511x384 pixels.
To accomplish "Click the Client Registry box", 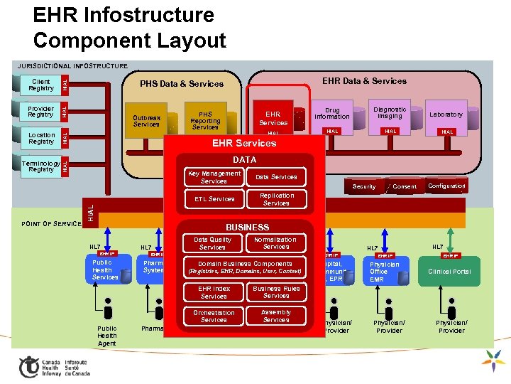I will coord(41,85).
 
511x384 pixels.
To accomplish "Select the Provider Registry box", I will coord(40,112).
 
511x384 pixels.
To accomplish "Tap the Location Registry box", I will coord(41,138).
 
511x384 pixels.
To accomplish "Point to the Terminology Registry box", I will coord(40,166).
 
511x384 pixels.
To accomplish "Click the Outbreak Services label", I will coord(146,121).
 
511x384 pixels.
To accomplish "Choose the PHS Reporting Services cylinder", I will coord(205,120).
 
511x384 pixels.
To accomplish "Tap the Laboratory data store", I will coord(446,114).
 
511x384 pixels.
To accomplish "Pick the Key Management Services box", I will coord(214,177).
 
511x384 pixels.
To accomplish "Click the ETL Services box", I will coord(214,199).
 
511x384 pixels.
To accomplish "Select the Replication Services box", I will coord(276,199).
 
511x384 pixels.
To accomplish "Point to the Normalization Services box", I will coord(276,243).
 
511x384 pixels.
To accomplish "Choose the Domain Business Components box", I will coord(245,267).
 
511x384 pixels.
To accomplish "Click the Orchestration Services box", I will coord(214,316).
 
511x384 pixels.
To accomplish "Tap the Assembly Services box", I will coord(276,316).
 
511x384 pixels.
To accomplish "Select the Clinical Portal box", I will coord(449,272).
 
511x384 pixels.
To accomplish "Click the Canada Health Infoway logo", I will coord(53,366).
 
